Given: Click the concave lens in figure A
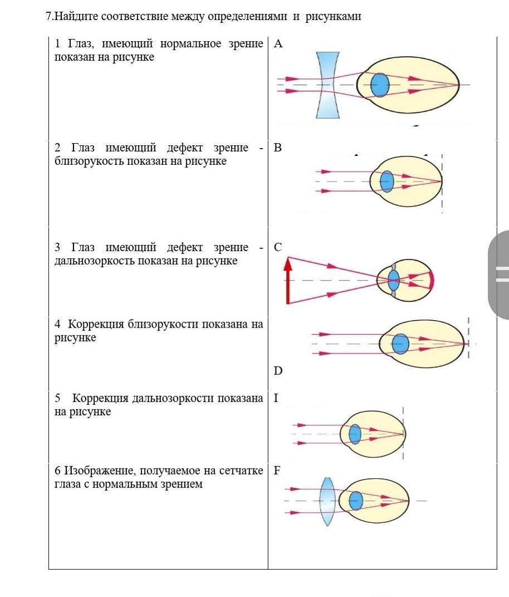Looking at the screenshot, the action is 327,85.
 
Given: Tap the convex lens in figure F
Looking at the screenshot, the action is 327,501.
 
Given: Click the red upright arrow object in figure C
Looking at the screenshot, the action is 288,281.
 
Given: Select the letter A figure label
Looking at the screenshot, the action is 278,44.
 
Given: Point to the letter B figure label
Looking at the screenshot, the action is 277,148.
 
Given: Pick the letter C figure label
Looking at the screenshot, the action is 278,247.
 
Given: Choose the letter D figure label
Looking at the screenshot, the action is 278,371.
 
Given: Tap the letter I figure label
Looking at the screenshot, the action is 276,398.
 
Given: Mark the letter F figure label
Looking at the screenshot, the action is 277,471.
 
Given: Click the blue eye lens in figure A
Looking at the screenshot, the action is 380,85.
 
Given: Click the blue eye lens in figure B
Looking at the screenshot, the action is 387,182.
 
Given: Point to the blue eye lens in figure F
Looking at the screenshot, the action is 356,501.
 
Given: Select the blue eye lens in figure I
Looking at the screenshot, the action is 355,434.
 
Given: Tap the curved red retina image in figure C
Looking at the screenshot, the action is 430,281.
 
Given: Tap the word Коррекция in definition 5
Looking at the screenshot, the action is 100,398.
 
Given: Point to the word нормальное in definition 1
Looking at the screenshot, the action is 190,44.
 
